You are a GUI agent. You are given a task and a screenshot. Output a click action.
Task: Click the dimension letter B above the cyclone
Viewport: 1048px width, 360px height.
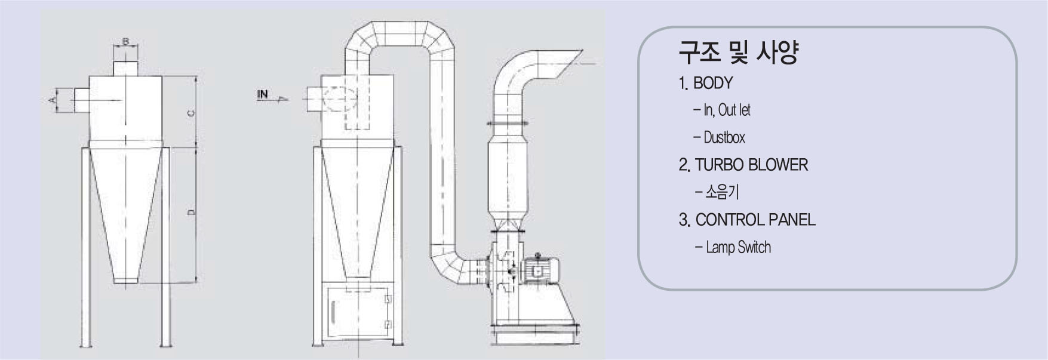click(x=126, y=42)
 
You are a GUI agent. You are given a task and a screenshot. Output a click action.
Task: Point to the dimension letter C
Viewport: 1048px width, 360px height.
click(x=190, y=113)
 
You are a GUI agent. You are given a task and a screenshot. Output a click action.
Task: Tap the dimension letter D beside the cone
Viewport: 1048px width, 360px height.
click(x=190, y=212)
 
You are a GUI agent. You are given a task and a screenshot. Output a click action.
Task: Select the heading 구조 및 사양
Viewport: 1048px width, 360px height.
click(x=738, y=53)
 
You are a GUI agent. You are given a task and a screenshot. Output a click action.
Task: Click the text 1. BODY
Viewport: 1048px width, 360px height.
click(x=706, y=83)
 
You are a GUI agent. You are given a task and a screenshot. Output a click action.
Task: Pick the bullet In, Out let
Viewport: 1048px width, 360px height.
click(x=722, y=110)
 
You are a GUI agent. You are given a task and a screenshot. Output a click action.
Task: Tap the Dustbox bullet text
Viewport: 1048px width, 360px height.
click(x=720, y=138)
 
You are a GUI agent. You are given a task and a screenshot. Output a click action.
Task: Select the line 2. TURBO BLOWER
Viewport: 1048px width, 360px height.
click(x=743, y=165)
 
